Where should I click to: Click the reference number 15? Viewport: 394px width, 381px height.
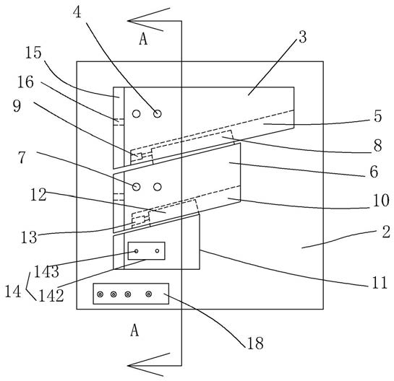33,53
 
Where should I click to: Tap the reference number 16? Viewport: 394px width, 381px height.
25,82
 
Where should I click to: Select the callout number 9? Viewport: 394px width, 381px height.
17,106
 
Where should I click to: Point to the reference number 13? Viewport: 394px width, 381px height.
29,237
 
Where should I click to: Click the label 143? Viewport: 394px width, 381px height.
46,271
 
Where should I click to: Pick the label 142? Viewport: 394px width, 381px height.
51,295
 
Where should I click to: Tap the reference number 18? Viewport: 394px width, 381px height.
255,343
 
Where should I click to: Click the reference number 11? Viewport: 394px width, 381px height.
380,283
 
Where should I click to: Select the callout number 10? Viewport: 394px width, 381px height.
381,201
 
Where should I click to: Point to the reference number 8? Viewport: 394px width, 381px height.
377,146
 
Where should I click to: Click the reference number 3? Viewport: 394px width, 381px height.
303,38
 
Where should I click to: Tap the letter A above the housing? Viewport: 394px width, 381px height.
143,40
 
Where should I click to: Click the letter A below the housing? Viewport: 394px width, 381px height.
134,330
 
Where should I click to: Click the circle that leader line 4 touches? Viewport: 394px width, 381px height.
158,114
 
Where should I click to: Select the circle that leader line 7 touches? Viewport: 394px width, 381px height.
136,187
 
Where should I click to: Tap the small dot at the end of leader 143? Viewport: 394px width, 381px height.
137,251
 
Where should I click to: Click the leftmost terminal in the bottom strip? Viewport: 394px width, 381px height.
100,294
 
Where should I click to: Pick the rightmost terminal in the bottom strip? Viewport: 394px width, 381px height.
149,294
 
